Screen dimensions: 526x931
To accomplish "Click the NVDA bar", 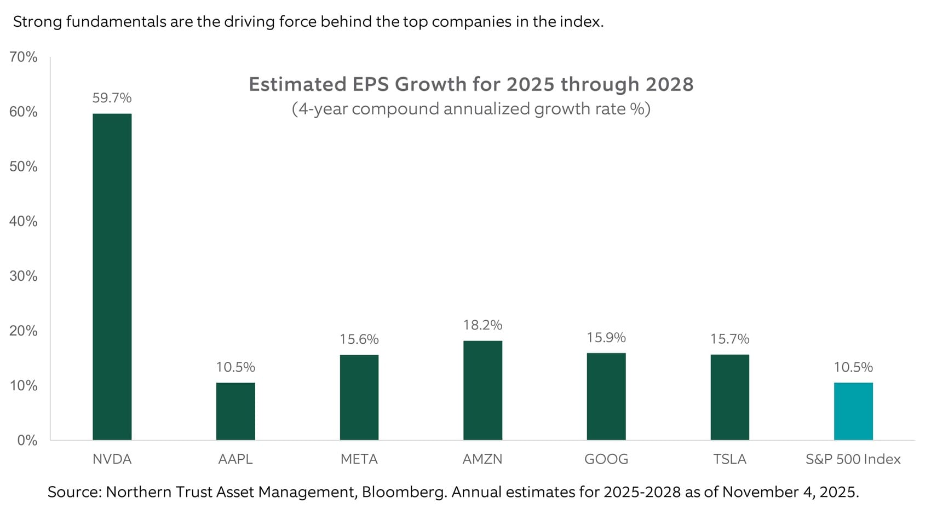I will point(112,276).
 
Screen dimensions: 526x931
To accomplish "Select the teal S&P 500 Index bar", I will point(853,411).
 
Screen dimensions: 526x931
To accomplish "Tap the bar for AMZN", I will point(482,390).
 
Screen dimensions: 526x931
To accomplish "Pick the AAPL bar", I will point(235,411).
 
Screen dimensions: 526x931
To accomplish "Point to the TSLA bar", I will point(729,397).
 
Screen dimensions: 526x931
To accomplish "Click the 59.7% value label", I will point(112,98).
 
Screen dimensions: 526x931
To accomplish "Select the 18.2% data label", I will point(482,325).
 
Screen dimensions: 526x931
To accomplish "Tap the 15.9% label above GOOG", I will point(606,338).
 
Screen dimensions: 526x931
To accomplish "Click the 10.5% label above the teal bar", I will point(853,367).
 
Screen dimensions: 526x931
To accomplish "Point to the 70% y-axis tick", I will point(24,57).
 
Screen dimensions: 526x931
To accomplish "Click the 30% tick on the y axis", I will point(24,276).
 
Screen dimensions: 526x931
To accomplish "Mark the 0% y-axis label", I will point(27,440).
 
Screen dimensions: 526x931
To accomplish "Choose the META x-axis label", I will point(359,459).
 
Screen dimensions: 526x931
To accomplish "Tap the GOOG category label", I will point(606,459).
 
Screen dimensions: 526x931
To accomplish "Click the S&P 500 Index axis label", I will point(853,459).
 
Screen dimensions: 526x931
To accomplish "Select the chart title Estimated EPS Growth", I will point(471,84).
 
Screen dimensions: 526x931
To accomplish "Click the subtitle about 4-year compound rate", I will point(471,109).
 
